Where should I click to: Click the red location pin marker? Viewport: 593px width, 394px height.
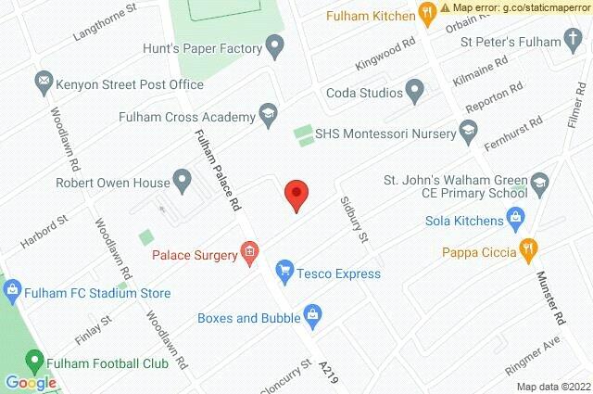tap(296, 195)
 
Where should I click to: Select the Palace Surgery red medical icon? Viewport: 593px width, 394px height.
tap(248, 250)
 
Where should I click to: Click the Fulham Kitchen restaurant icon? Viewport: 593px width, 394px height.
tap(426, 13)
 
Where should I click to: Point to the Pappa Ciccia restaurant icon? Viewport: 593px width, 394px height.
tap(528, 248)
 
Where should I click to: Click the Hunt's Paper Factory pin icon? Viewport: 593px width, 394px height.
tap(274, 45)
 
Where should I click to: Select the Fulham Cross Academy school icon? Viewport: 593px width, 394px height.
tap(268, 115)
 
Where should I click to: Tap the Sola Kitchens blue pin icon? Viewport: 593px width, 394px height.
tap(517, 221)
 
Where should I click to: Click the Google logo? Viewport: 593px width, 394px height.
tap(31, 382)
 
